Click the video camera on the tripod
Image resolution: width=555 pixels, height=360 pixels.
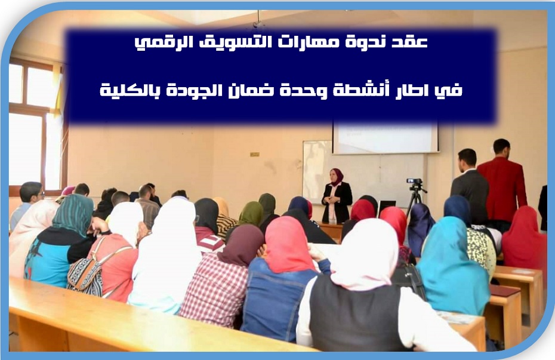click(x=415, y=181)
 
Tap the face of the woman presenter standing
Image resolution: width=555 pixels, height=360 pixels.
click(x=334, y=176)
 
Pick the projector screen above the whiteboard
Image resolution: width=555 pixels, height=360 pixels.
click(x=385, y=137)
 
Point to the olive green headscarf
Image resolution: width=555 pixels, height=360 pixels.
click(x=251, y=213)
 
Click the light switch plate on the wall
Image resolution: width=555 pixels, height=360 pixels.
click(x=254, y=155)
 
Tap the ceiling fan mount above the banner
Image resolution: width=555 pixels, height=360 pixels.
click(x=258, y=21)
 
